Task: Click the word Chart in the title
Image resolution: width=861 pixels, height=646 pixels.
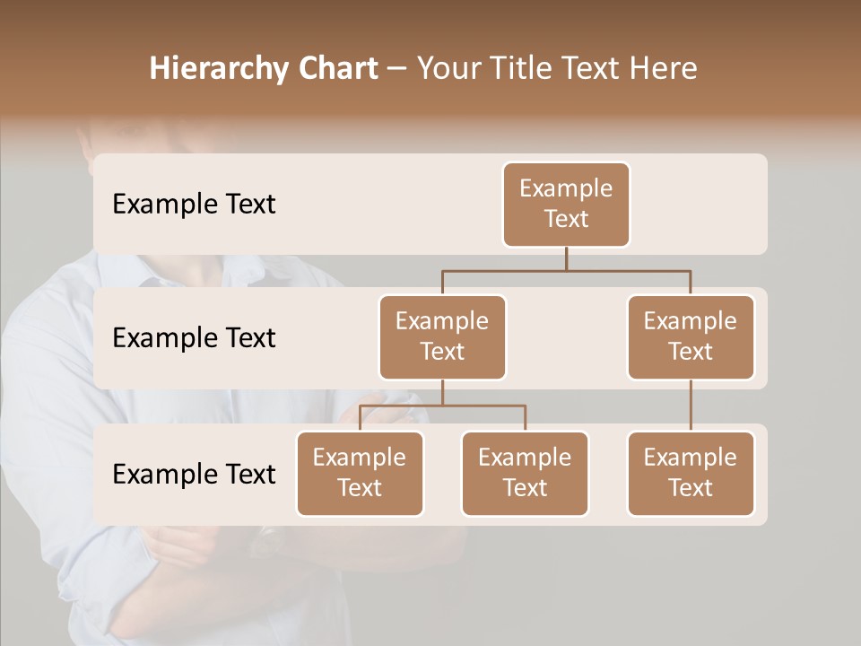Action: [336, 69]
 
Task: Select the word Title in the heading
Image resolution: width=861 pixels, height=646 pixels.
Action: [532, 69]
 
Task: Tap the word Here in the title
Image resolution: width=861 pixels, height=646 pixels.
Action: [665, 69]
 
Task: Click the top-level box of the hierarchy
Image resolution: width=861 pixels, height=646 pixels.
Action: [566, 204]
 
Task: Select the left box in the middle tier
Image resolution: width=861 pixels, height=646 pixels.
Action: [442, 336]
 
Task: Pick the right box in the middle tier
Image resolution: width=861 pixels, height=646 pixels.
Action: [691, 336]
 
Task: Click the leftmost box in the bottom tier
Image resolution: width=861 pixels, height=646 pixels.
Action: [360, 473]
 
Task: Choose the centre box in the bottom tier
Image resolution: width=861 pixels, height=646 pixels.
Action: [525, 473]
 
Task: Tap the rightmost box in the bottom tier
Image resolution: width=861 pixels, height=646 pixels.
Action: [691, 473]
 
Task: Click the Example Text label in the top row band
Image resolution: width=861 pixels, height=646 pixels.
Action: [194, 204]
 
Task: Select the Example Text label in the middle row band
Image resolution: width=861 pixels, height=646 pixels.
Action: [194, 337]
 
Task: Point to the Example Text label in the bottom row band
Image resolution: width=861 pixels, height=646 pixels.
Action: [194, 474]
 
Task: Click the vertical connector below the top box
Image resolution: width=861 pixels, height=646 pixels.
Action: [566, 258]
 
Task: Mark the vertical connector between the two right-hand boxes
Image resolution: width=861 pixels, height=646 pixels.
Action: [691, 406]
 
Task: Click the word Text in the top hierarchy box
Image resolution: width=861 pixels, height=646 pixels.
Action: [566, 219]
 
